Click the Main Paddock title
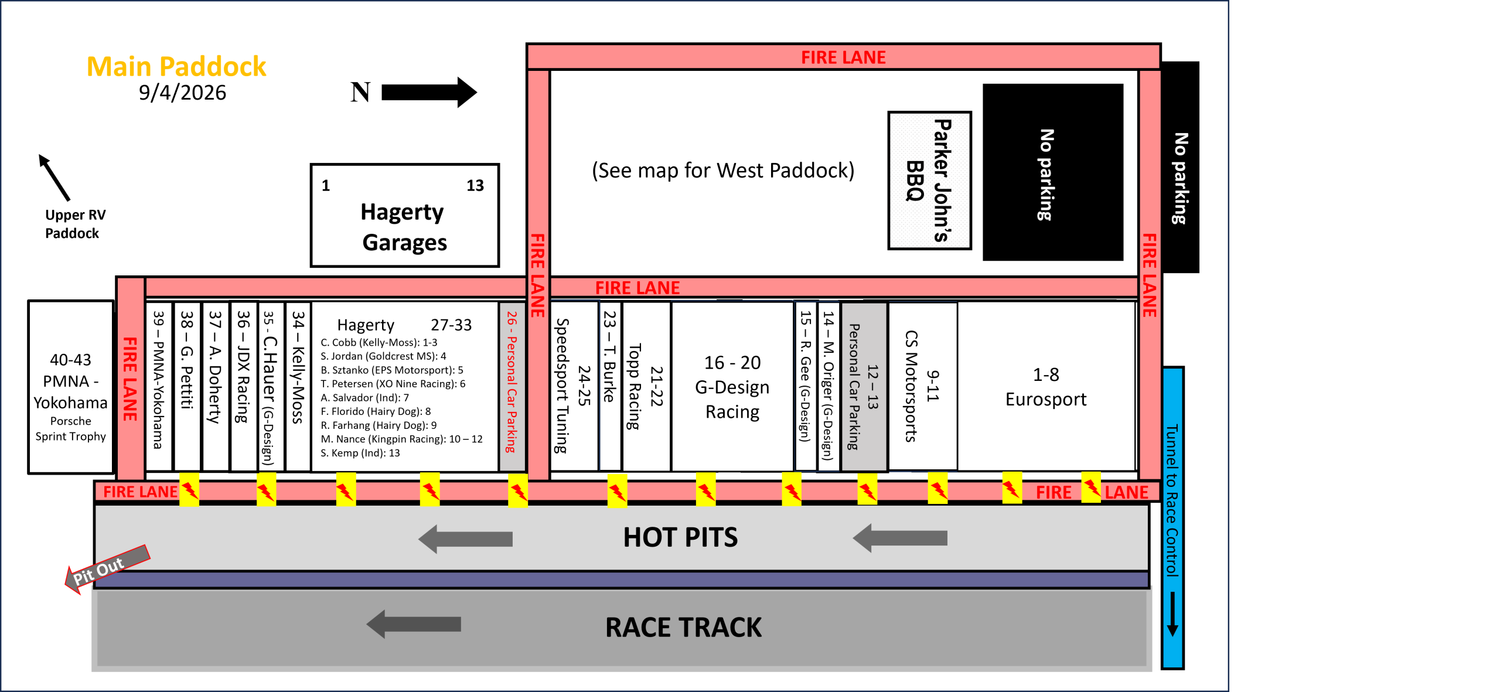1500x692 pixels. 176,67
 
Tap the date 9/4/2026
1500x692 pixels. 182,93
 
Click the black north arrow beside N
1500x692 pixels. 429,92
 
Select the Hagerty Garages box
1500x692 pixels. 405,216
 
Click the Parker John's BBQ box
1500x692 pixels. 929,180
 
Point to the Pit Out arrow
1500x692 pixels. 107,569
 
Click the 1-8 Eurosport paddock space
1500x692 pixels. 1046,386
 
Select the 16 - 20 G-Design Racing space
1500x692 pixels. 732,386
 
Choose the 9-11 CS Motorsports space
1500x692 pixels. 923,386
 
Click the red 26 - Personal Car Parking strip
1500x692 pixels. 512,386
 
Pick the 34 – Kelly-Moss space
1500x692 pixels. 298,386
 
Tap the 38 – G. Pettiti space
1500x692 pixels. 187,386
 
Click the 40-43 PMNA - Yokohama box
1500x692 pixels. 71,387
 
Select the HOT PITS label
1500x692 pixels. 680,537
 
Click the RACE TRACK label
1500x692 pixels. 683,628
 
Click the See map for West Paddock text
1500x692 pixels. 723,171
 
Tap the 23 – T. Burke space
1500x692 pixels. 610,386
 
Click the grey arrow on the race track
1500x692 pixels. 414,624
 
